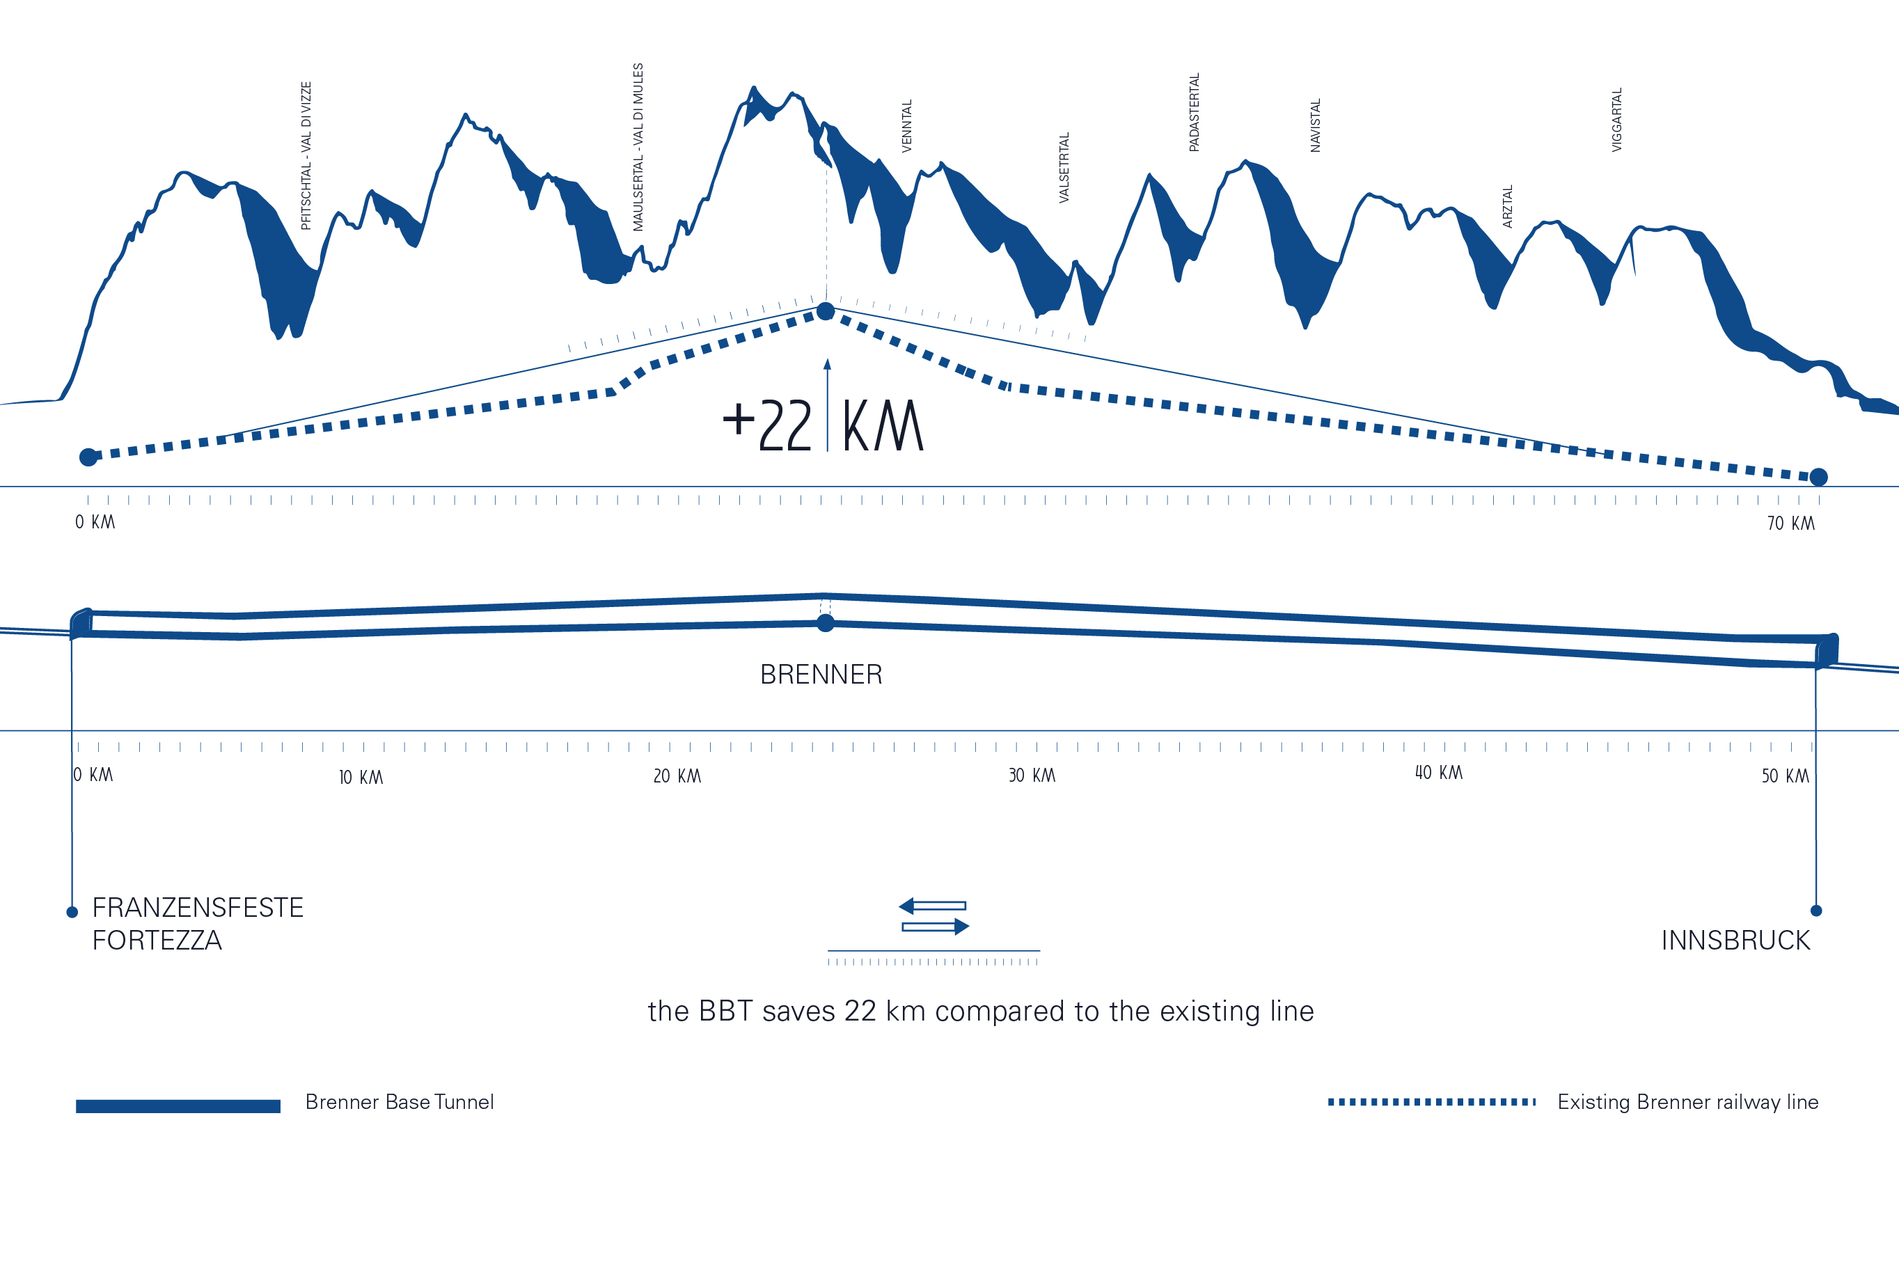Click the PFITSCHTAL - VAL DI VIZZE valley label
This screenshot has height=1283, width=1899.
click(x=306, y=155)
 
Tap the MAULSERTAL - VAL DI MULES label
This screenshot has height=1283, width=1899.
click(x=638, y=147)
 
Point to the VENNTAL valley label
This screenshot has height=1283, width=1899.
click(x=906, y=126)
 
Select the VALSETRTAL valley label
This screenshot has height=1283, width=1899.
click(x=1064, y=168)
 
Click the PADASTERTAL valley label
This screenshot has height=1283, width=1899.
click(x=1194, y=112)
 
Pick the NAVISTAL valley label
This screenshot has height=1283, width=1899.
click(x=1315, y=125)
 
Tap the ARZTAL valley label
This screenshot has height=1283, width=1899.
click(x=1508, y=206)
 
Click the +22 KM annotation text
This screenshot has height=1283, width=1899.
click(x=823, y=425)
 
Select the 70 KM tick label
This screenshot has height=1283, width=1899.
click(x=1790, y=524)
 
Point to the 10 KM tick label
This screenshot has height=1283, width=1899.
click(x=361, y=777)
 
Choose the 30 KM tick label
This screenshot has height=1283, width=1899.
click(x=1031, y=776)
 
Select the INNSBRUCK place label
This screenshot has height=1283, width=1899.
click(x=1735, y=940)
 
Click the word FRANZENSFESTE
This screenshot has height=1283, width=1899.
click(x=198, y=908)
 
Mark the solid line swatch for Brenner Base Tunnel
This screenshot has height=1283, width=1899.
click(x=178, y=1105)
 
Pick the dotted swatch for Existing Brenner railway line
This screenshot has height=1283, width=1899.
click(x=1431, y=1103)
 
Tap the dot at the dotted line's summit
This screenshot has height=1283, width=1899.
click(x=826, y=311)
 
